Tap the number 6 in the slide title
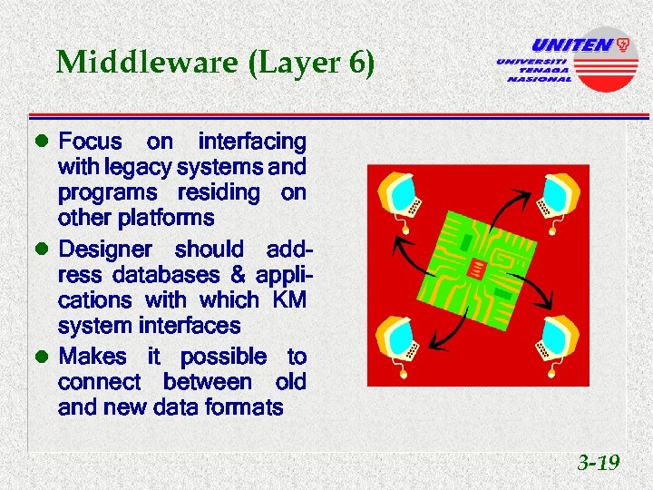(355, 63)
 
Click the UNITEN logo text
(571, 44)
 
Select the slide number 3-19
(599, 464)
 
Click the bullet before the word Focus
(39, 142)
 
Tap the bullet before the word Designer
(39, 250)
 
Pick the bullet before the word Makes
(39, 358)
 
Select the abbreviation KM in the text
(288, 299)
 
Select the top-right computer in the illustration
(554, 193)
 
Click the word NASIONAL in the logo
(539, 79)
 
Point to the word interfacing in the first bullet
(252, 142)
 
